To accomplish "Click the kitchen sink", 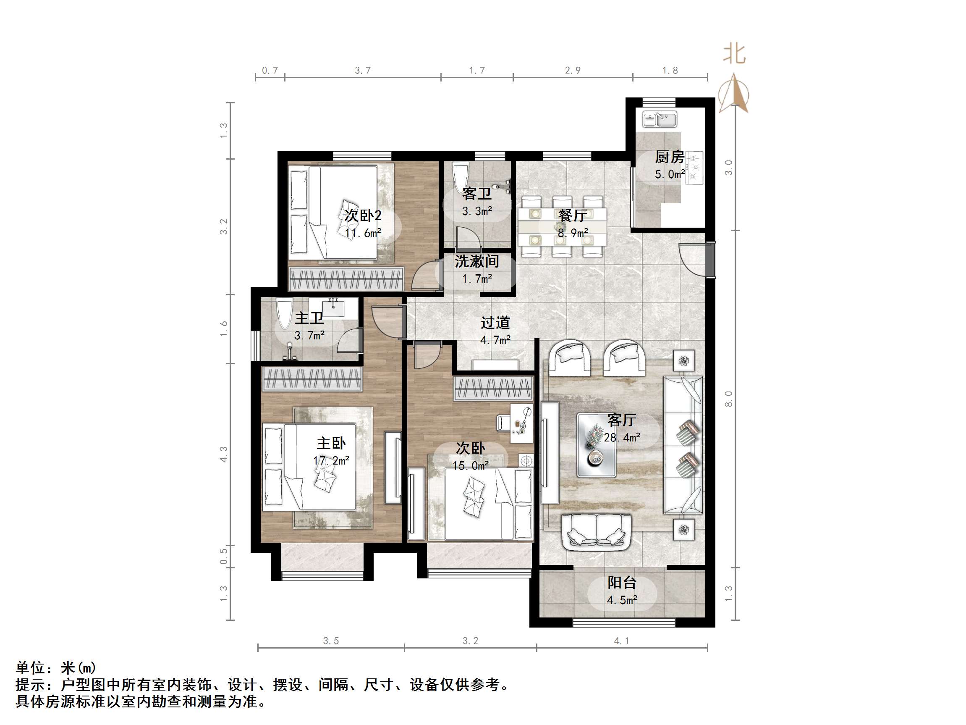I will click(660, 119).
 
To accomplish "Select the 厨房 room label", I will click(670, 156).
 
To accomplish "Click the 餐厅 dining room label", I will click(573, 215).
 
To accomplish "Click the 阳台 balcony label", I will click(622, 583).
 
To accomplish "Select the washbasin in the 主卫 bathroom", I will click(334, 306).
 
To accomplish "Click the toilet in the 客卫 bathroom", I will click(459, 178).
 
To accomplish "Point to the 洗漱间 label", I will click(477, 261).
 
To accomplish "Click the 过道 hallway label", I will click(495, 323).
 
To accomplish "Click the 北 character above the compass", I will click(734, 54).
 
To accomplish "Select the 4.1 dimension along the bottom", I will click(621, 641).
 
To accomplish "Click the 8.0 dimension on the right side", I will click(728, 399).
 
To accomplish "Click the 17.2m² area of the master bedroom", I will click(331, 461).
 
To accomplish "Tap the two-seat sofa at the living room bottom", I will click(596, 532).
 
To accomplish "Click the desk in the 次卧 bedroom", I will click(522, 423).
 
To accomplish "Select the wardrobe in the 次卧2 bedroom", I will click(346, 279).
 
